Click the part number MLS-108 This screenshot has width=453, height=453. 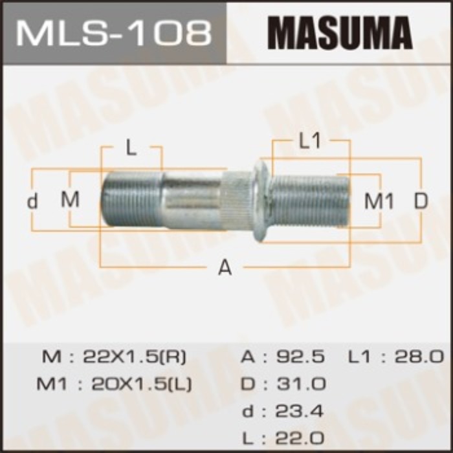coord(113,32)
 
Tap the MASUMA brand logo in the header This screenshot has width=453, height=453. coord(340,32)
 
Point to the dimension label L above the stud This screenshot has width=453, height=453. coord(131,148)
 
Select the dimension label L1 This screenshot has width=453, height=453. coord(311,142)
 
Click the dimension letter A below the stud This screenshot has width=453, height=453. coord(225,267)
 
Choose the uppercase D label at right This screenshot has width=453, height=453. coord(421,201)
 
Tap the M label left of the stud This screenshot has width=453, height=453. coord(70,200)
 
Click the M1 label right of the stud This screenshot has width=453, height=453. coord(379,201)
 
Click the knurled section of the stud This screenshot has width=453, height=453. coord(238,200)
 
